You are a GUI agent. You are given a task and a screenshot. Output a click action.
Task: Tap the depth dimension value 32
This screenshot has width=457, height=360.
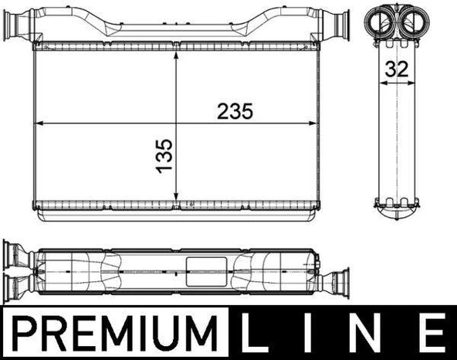point(397,68)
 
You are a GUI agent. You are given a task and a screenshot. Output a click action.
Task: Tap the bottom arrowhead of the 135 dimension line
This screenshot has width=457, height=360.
point(178,196)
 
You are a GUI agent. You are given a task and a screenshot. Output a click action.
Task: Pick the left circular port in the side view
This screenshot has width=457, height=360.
point(384,20)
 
